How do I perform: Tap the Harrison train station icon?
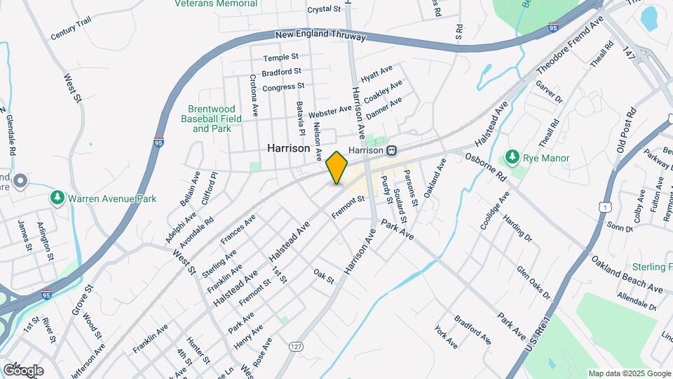pos(393,150)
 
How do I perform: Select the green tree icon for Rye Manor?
pos(513,157)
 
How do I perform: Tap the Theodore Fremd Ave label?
pos(570,48)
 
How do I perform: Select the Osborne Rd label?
pos(485,166)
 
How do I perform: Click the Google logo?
pos(23,370)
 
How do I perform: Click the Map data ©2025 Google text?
pos(629,373)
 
